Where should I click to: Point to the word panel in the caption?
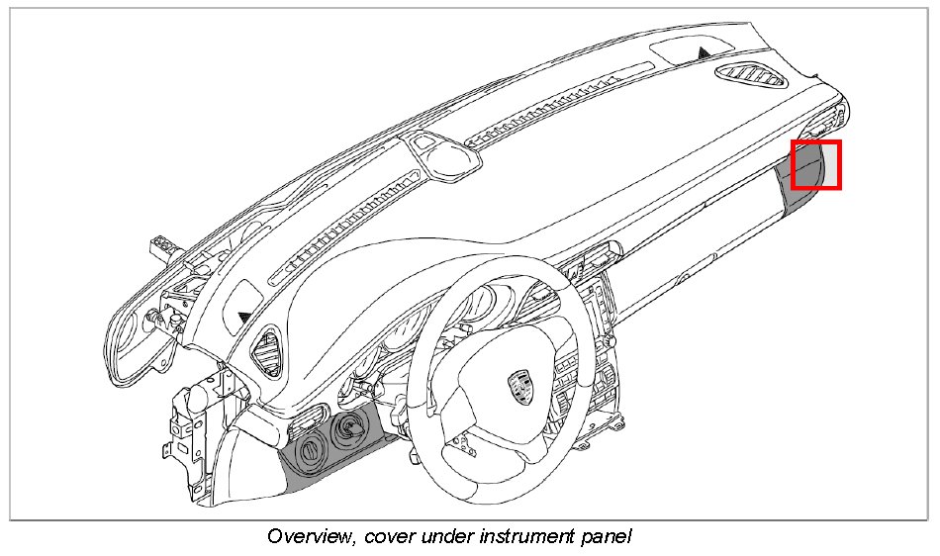coord(605,537)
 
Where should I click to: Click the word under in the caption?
coord(443,537)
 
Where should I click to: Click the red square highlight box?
coord(816,165)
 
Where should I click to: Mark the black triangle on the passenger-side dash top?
coord(704,50)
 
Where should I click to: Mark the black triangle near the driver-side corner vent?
coord(244,317)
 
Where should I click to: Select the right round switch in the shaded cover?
coord(347,429)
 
